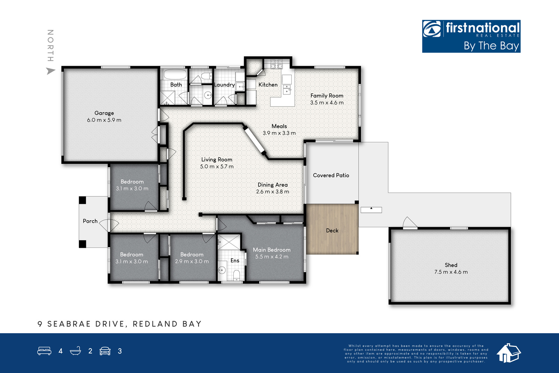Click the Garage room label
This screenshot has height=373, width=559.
[104, 113]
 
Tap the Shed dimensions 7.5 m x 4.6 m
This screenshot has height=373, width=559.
[451, 272]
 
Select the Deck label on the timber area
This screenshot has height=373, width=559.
[332, 230]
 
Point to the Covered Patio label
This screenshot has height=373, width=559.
[331, 175]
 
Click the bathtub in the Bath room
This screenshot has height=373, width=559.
[175, 74]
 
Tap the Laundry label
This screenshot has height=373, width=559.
[224, 85]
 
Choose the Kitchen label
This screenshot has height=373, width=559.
[268, 85]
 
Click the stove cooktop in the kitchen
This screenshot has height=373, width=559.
[276, 64]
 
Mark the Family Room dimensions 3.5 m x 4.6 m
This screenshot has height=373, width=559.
[327, 103]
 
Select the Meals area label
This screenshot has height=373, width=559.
[279, 126]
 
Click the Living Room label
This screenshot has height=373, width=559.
[217, 159]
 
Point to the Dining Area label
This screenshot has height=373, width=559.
[273, 185]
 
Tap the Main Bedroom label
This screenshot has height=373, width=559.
[271, 250]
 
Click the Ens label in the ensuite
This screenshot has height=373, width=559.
[235, 260]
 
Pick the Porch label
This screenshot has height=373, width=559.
[90, 221]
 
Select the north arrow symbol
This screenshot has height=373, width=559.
[51, 71]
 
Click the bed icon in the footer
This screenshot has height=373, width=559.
[44, 351]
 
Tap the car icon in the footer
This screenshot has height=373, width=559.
[105, 351]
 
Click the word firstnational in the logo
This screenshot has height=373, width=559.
[482, 28]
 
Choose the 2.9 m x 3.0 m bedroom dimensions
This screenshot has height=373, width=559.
[192, 261]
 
